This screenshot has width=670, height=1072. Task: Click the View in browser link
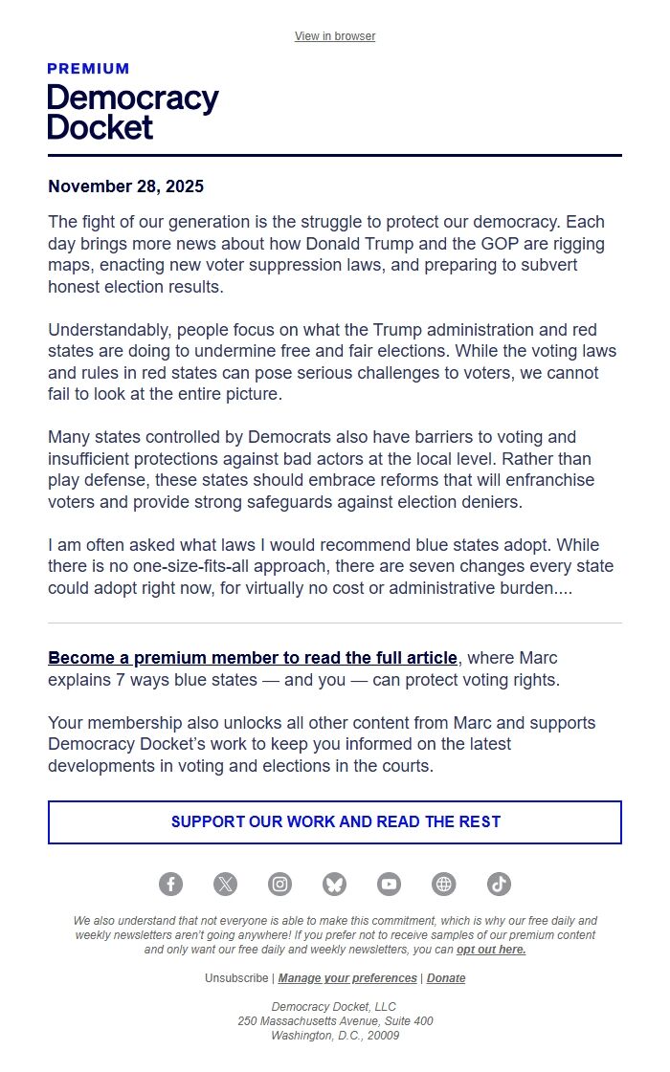[335, 36]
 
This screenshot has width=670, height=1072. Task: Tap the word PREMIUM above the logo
[88, 69]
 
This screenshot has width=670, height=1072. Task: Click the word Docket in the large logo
[100, 126]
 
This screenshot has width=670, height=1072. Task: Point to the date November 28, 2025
[125, 186]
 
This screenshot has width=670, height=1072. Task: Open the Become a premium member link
[253, 658]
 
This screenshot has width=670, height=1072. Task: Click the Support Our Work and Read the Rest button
[335, 822]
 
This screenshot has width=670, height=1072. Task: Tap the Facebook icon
[170, 885]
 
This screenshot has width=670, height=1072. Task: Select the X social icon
[225, 885]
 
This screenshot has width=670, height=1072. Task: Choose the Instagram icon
[279, 885]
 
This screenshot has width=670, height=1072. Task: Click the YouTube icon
[389, 885]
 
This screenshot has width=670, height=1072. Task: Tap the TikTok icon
[499, 885]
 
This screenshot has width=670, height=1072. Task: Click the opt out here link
[491, 950]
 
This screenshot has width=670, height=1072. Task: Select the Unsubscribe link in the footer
[236, 978]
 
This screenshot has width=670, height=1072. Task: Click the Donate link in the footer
[446, 978]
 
